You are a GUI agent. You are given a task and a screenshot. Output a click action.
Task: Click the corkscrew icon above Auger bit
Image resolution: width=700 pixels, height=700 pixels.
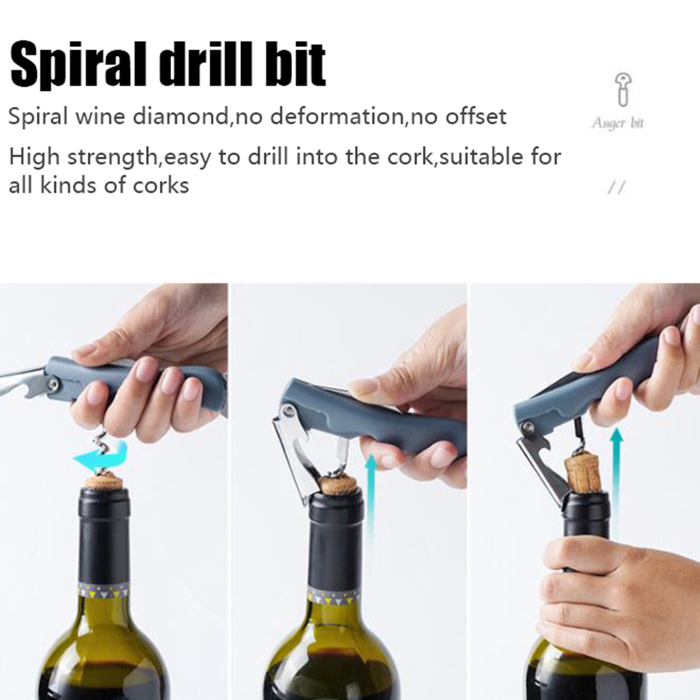click(622, 89)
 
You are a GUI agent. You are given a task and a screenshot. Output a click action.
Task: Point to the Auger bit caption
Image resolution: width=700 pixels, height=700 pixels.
click(618, 123)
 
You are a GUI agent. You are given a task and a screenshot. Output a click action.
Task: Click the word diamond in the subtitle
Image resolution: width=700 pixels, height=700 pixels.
click(181, 117)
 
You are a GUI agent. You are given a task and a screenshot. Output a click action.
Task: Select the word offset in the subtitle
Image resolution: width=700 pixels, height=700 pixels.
click(476, 117)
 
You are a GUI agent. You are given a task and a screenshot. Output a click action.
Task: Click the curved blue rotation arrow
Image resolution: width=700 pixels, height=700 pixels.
click(101, 456)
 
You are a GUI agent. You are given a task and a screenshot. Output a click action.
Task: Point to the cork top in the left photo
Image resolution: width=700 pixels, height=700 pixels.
click(105, 482)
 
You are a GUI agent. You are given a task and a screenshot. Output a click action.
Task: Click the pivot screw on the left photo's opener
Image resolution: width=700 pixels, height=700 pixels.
click(53, 383)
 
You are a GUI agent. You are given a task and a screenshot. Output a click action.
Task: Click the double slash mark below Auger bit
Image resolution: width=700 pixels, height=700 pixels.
click(617, 188)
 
